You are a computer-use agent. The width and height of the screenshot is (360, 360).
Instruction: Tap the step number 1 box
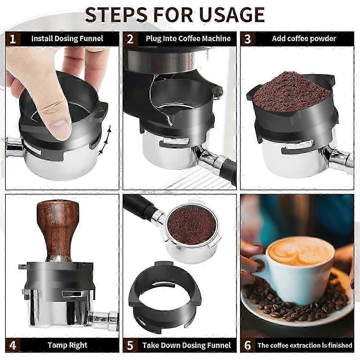[13, 39]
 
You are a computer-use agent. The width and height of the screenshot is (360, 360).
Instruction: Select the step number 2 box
[130, 39]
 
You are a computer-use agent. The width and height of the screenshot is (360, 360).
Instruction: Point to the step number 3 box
[247, 39]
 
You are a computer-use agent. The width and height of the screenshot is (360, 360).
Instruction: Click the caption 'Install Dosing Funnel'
[67, 39]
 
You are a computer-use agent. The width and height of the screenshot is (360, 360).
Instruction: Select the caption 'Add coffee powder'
[304, 38]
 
